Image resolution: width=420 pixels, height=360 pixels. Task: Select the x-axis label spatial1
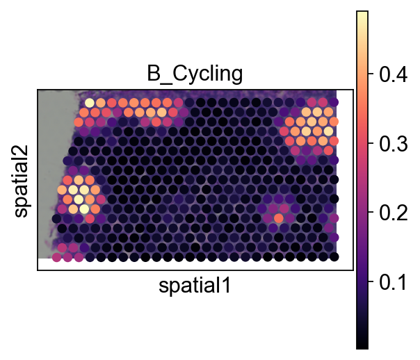pyautogui.click(x=195, y=285)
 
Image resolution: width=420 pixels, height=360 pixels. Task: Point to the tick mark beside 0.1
pyautogui.click(x=370, y=284)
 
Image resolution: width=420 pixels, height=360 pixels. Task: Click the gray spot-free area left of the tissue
pyautogui.click(x=52, y=139)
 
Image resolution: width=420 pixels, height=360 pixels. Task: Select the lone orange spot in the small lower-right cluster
pyautogui.click(x=279, y=218)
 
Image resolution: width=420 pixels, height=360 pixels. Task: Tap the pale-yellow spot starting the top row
pyautogui.click(x=90, y=103)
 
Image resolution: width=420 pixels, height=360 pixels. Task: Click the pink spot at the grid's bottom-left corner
pyautogui.click(x=56, y=257)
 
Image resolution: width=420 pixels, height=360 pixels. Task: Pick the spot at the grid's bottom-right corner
pyautogui.click(x=334, y=257)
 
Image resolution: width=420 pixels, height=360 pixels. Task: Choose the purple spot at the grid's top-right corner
pyautogui.click(x=334, y=103)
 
